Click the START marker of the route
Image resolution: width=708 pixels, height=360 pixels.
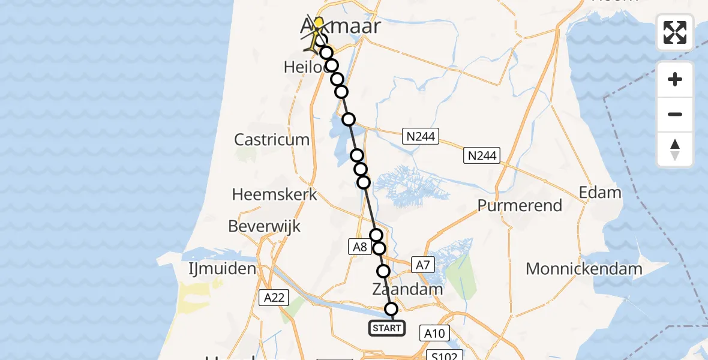click(387, 328)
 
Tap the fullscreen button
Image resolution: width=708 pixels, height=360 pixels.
click(675, 32)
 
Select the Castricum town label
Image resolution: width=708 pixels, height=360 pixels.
click(272, 140)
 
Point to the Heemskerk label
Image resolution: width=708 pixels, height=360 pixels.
click(274, 194)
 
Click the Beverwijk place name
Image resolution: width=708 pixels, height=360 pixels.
click(265, 226)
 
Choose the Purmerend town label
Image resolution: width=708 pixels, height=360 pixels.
click(520, 205)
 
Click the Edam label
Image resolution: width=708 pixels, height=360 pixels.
click(599, 193)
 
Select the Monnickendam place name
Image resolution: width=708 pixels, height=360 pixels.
click(584, 268)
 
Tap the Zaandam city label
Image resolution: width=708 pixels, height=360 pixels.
click(407, 289)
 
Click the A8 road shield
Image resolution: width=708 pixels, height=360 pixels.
click(359, 247)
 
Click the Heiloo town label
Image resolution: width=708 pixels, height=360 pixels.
click(305, 68)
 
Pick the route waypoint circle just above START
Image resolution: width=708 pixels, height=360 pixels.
click(391, 309)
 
